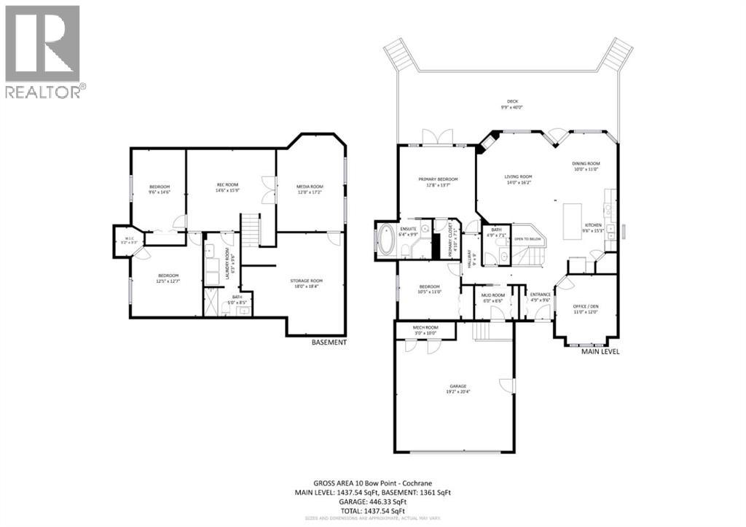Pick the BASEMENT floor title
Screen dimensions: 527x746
(329, 343)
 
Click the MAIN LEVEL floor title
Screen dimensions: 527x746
(600, 352)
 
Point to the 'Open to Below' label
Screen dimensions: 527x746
(528, 239)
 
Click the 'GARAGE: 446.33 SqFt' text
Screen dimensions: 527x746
(372, 502)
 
